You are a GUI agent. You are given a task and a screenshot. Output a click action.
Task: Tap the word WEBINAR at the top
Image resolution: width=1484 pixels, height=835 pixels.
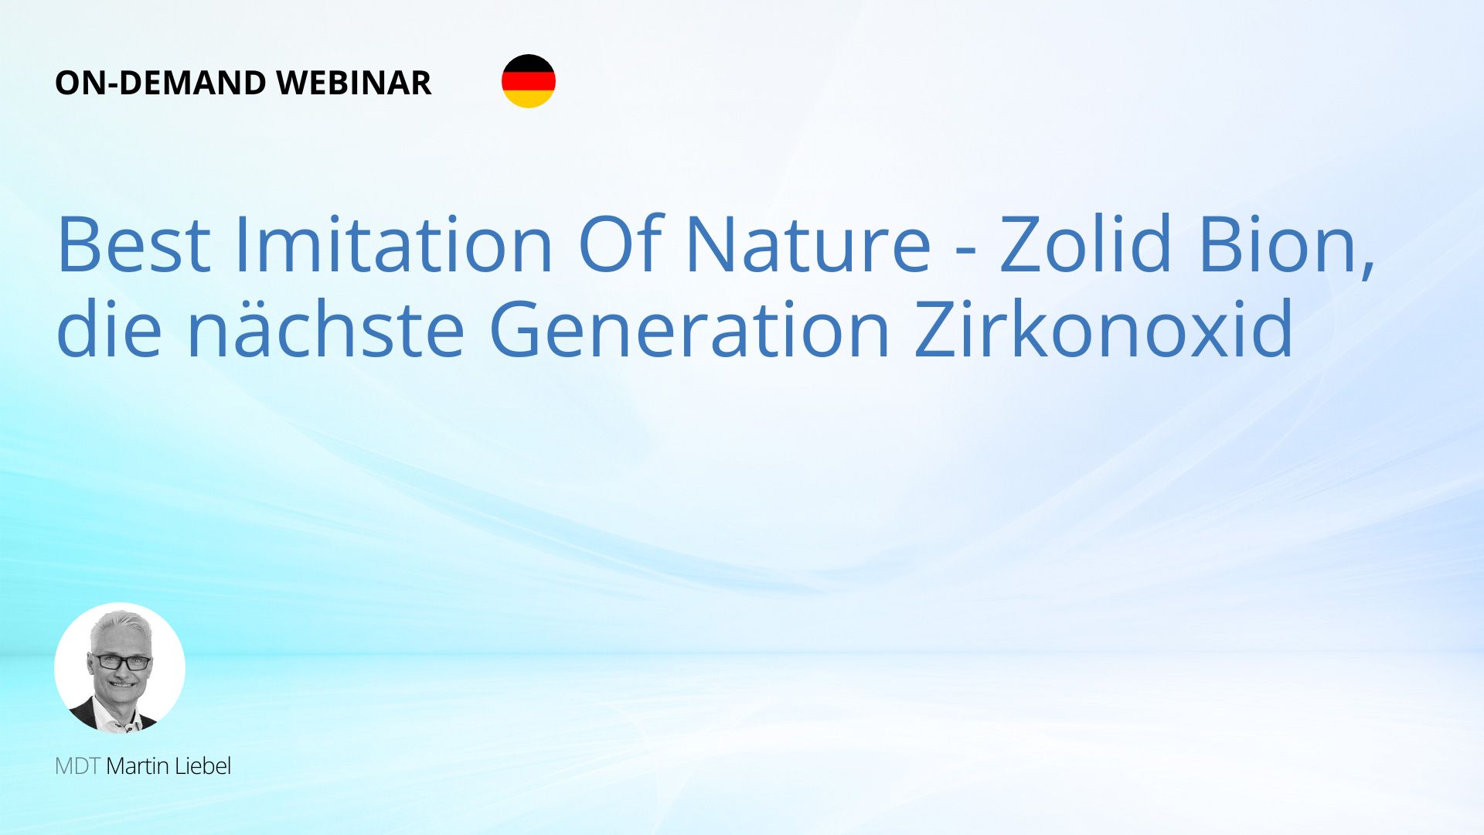[x=353, y=83]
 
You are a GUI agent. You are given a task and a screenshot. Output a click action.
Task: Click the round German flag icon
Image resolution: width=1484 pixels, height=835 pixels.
[x=529, y=81]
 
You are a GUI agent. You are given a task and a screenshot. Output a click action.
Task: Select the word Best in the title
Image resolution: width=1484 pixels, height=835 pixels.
[x=134, y=244]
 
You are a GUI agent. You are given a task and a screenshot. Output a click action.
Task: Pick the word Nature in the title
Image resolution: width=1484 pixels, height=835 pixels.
[x=808, y=244]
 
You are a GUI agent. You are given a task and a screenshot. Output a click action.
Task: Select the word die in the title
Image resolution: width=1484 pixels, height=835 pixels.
[x=109, y=328]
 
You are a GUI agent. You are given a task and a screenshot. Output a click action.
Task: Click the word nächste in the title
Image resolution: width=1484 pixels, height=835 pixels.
[x=325, y=328]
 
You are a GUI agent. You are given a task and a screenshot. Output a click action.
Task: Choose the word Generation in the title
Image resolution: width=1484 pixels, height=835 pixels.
[x=690, y=328]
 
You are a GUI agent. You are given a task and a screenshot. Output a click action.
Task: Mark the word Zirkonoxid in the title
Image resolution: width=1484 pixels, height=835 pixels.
[x=1104, y=328]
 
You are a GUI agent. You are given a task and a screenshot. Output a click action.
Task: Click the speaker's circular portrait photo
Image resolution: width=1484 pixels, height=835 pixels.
[x=120, y=668]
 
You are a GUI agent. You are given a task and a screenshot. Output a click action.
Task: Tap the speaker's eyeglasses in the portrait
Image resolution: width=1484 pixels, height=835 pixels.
[x=121, y=662]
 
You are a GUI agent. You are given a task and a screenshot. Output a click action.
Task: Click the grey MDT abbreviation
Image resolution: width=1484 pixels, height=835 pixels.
[x=77, y=766]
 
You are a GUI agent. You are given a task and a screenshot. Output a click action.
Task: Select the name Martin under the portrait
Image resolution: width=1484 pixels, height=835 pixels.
[x=138, y=766]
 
